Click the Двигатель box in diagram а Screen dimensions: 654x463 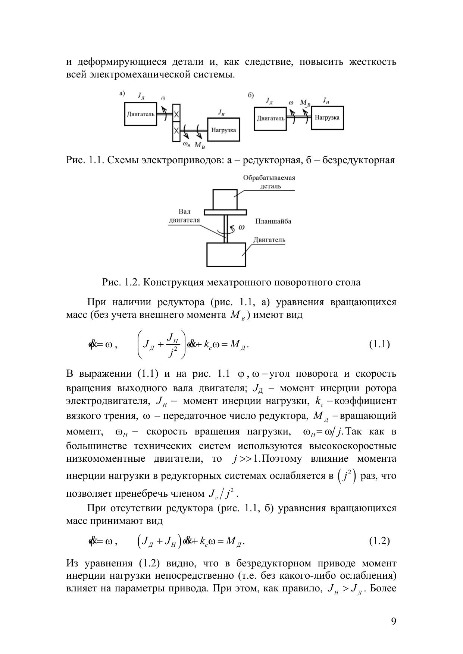[140, 114]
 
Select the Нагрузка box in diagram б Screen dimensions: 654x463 [327, 118]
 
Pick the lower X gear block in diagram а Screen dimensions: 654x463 [176, 132]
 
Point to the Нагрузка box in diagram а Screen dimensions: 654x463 [223, 130]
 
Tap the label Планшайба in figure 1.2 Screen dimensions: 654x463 [273, 221]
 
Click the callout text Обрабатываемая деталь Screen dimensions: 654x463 [269, 181]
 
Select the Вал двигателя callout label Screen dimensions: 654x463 [184, 216]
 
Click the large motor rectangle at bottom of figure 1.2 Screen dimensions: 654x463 [226, 255]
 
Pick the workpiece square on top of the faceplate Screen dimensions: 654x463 [225, 199]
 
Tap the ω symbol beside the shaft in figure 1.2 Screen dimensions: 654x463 [241, 227]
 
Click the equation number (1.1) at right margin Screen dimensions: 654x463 [379, 344]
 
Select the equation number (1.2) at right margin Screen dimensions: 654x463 [379, 541]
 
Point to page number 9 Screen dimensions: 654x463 [394, 621]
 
